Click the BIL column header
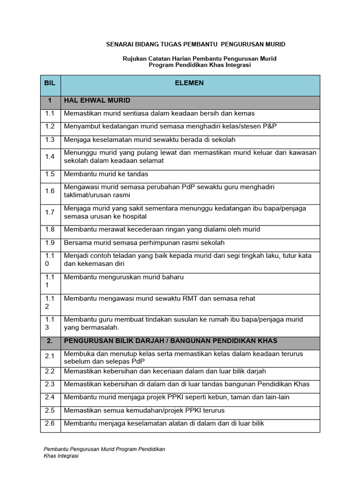coord(50,83)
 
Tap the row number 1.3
coord(50,140)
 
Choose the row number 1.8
coord(50,229)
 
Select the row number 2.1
coord(50,357)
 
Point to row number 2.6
coord(50,423)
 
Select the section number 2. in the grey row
coord(50,340)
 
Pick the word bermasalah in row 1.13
coord(99,327)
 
